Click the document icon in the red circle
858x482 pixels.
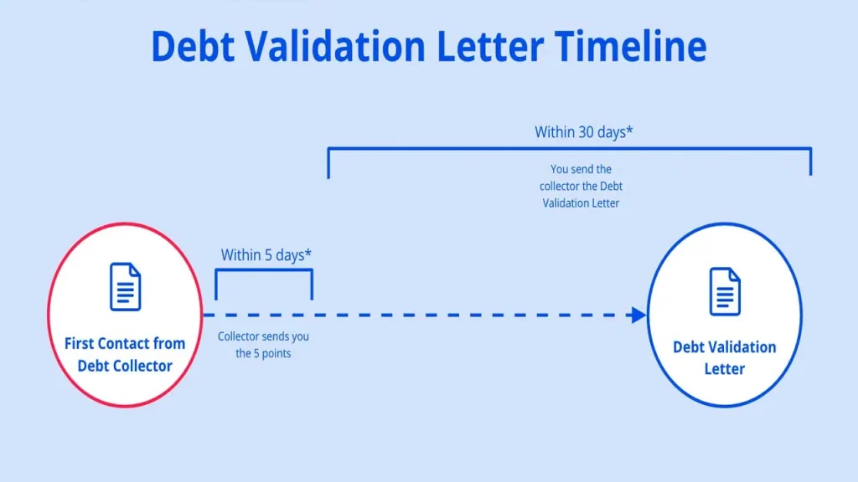click(x=126, y=287)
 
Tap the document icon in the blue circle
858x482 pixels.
click(x=725, y=291)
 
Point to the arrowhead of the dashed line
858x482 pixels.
click(x=638, y=315)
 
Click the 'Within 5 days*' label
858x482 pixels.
click(x=262, y=255)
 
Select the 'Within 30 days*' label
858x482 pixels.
click(x=583, y=132)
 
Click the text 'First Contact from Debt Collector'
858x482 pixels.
click(x=125, y=354)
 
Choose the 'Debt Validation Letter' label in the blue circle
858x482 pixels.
click(x=725, y=357)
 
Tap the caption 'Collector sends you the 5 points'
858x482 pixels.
click(x=263, y=345)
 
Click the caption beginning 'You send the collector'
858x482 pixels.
click(x=581, y=186)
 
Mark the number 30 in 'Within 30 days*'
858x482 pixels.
click(x=588, y=132)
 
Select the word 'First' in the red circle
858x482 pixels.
click(x=81, y=343)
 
